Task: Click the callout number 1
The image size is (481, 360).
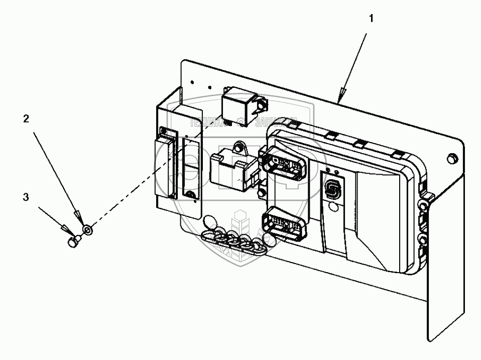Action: pos(371,19)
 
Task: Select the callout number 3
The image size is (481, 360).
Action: pos(26,197)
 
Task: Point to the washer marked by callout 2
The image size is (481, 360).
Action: pos(88,230)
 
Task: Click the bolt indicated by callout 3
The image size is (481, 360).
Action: pos(73,243)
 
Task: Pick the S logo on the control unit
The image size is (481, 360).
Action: pos(332,189)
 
